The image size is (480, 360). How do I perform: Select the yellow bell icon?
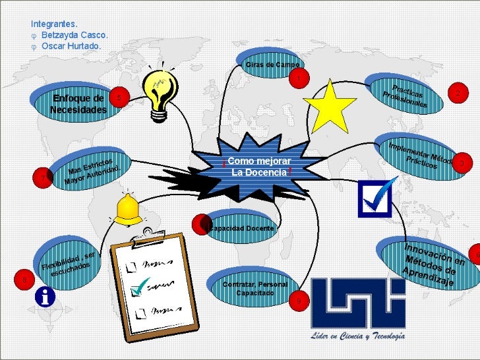(x=128, y=210)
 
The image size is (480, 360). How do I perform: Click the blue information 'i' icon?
(x=45, y=297)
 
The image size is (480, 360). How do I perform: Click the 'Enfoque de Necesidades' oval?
(x=78, y=104)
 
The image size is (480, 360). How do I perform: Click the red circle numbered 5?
(x=118, y=98)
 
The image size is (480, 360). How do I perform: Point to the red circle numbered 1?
(x=298, y=79)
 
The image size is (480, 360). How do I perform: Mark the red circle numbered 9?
(x=298, y=301)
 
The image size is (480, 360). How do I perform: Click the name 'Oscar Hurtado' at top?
(x=71, y=46)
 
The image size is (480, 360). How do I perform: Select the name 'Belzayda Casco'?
(x=74, y=34)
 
